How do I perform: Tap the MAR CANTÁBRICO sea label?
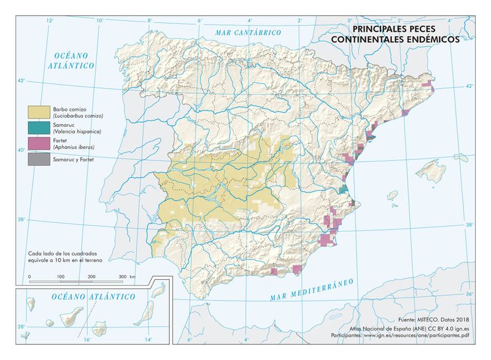pos(247,32)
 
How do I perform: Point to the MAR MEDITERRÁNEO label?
pos(313,289)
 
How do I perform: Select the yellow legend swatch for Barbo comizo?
pos(37,112)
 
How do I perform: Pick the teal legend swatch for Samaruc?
pos(37,128)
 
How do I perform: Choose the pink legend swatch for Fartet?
pos(37,144)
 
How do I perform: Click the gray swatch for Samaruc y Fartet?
pos(37,159)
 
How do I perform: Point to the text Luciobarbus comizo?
pos(77,116)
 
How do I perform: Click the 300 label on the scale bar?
pos(123,277)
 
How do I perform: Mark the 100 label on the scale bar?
pos(61,277)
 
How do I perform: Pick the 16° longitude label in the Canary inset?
pos(87,339)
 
